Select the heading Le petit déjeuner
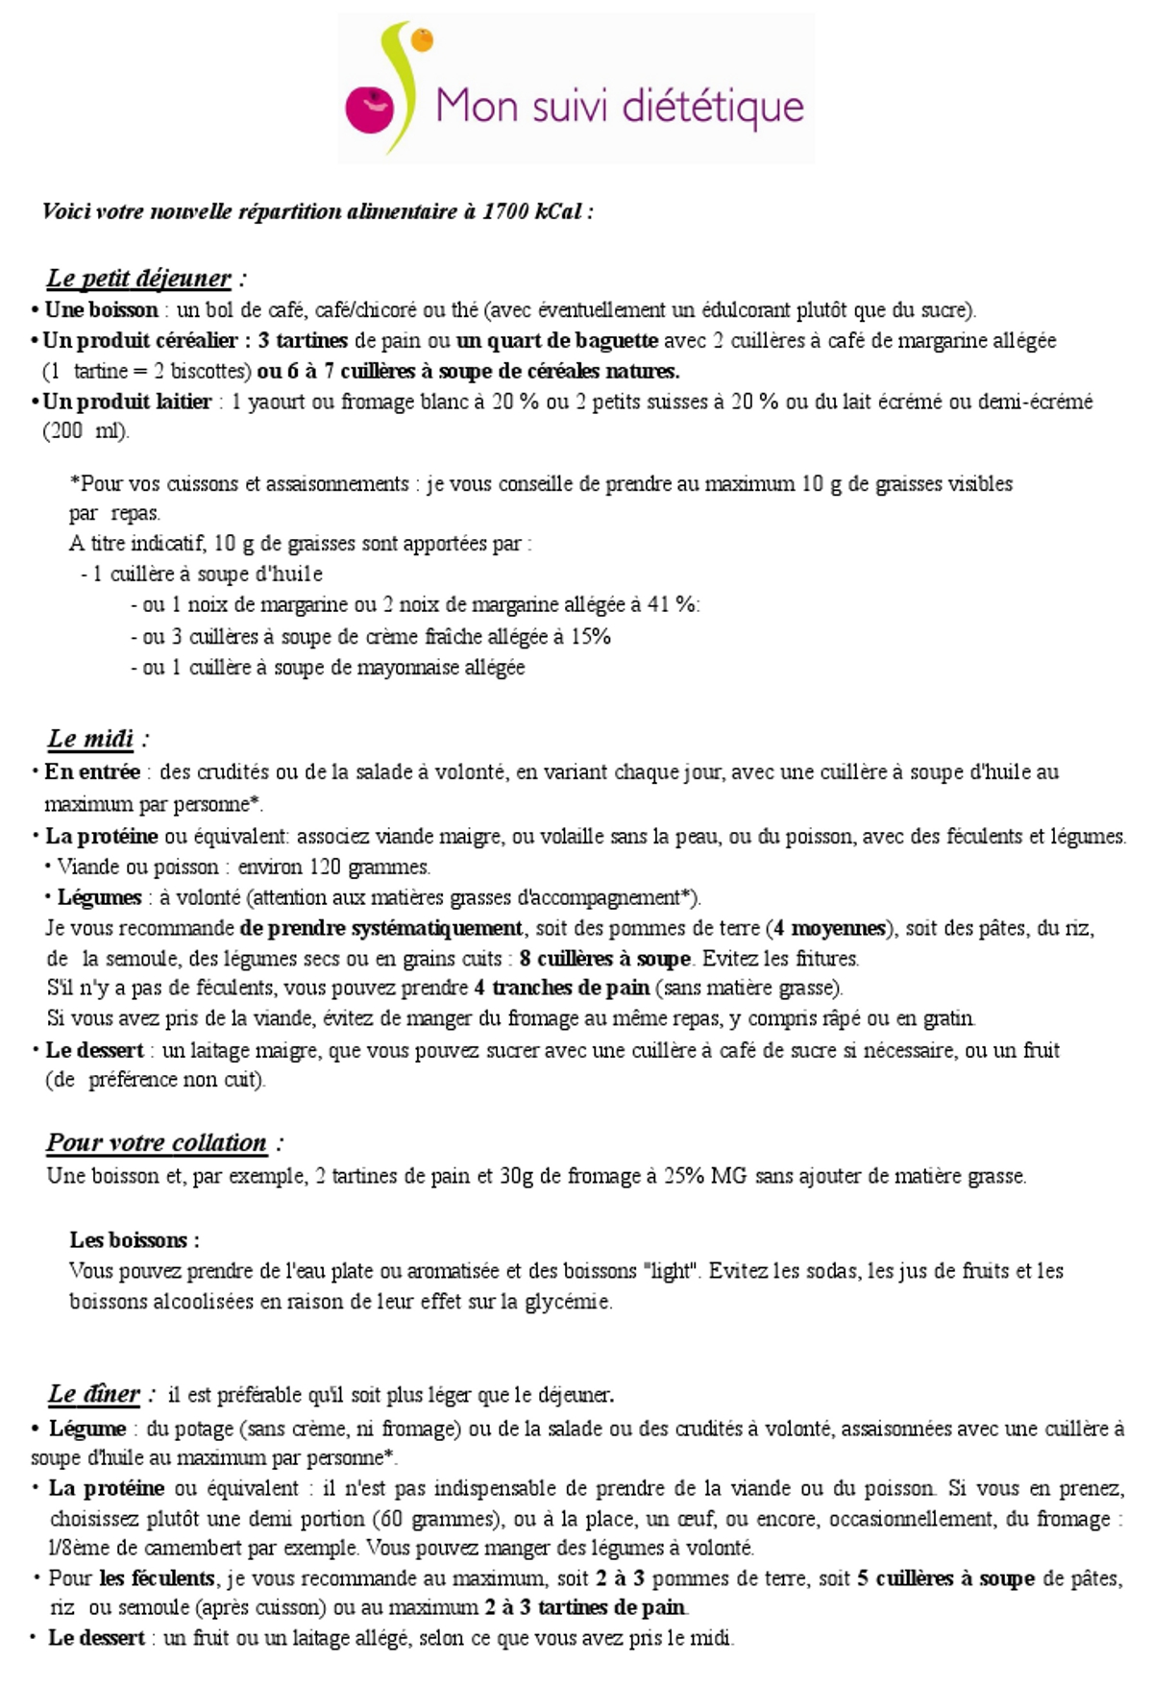click(x=139, y=279)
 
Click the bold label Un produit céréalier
click(x=140, y=340)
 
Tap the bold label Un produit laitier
click(x=128, y=402)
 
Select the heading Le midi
click(x=91, y=739)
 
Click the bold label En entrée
click(x=92, y=771)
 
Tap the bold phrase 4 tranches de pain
click(x=561, y=988)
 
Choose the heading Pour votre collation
click(x=157, y=1143)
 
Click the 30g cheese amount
click(x=516, y=1176)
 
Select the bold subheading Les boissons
click(x=134, y=1239)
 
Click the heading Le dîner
click(x=94, y=1394)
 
